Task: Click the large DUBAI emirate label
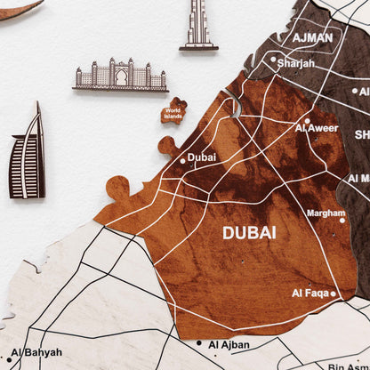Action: coord(248,232)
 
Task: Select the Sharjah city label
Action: coord(296,64)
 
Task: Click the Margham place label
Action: coord(326,213)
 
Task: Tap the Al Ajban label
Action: coord(227,344)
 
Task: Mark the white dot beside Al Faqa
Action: coord(334,293)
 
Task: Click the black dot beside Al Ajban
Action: coord(199,343)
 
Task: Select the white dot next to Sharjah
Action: coord(273,60)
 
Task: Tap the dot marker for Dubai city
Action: coord(183,161)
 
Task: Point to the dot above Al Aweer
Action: coord(307,120)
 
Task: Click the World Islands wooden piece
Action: coord(173,111)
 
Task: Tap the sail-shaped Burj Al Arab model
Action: coord(28,153)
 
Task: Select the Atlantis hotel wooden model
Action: coord(121,76)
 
